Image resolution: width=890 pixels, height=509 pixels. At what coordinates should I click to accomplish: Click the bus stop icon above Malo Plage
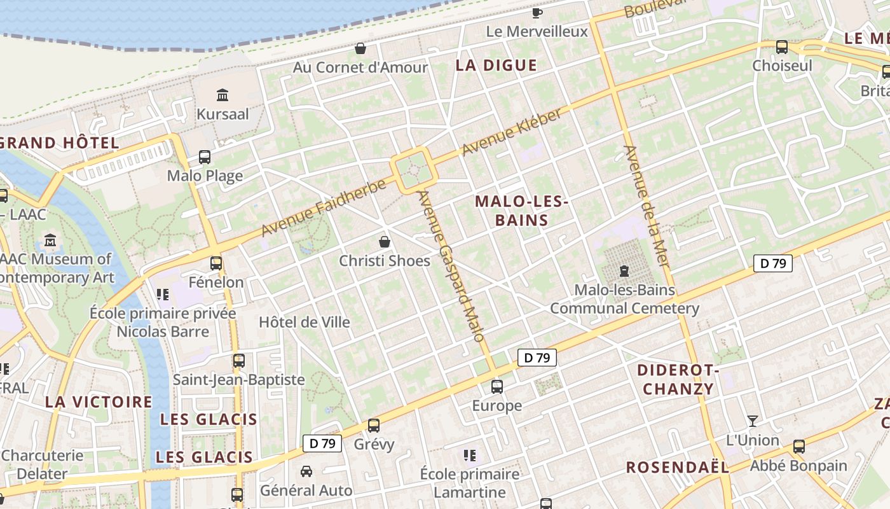tap(205, 157)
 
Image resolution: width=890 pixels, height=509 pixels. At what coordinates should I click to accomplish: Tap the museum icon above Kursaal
tap(222, 95)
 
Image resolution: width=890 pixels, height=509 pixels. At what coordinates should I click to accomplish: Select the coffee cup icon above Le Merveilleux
tap(537, 12)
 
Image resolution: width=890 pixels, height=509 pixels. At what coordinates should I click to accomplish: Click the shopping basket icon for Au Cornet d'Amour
tap(360, 48)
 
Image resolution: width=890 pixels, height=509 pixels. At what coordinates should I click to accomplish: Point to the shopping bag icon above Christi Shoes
tap(384, 242)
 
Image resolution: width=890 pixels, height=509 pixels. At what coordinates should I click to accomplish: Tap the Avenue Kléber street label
tap(512, 132)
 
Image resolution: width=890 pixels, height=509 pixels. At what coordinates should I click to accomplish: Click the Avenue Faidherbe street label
tap(324, 207)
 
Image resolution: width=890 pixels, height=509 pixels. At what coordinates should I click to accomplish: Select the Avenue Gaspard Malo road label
tap(452, 266)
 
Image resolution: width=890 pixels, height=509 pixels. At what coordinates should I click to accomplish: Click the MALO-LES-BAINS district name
tap(521, 211)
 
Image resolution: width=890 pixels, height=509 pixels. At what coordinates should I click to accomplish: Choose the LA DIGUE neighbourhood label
tap(496, 66)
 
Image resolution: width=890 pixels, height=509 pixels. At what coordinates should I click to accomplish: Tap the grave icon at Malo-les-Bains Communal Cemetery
tap(624, 271)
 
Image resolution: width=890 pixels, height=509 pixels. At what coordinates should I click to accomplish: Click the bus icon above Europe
tap(497, 386)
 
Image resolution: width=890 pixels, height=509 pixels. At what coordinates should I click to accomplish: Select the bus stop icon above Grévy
tap(374, 425)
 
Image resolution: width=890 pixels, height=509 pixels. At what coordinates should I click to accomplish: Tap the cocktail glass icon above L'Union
tap(753, 421)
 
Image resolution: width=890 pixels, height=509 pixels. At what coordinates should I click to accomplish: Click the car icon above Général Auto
tap(306, 471)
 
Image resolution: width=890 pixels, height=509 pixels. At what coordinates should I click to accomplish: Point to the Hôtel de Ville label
tap(305, 322)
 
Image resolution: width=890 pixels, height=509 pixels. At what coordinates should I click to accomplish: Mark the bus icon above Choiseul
tap(782, 47)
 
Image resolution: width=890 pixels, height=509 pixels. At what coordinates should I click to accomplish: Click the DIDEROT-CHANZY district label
tap(678, 379)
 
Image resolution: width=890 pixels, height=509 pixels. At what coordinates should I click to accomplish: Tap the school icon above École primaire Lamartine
tap(470, 455)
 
